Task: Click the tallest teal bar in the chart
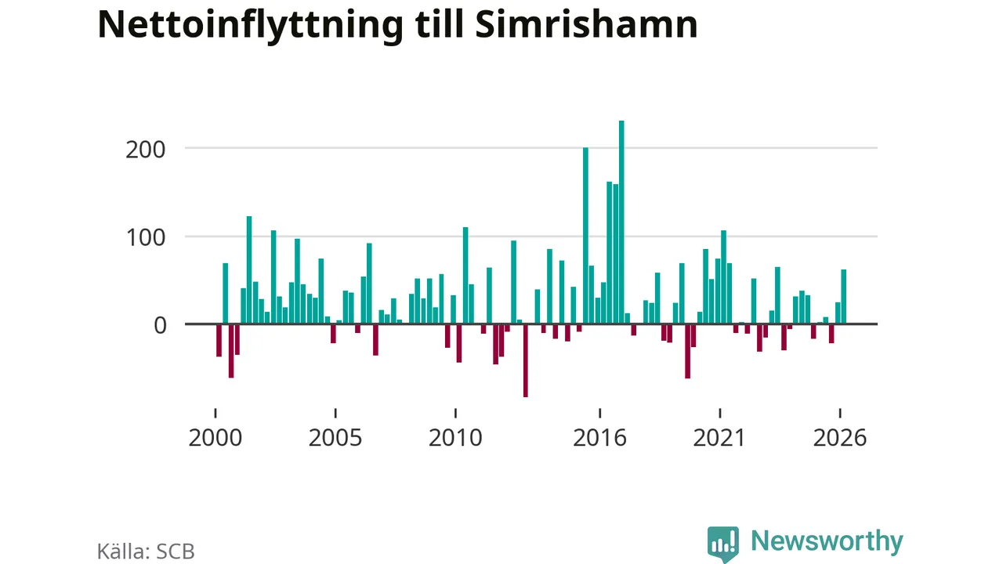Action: point(621,222)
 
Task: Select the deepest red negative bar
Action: point(526,360)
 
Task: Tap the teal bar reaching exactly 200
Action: point(585,236)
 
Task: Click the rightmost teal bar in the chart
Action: point(844,296)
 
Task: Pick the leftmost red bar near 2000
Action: point(219,340)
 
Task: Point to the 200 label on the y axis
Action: point(146,150)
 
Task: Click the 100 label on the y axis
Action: point(146,237)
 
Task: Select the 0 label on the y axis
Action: point(160,325)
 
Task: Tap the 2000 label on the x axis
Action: point(215,437)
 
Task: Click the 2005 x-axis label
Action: point(335,437)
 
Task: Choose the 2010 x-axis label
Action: point(455,437)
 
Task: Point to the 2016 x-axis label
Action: point(600,437)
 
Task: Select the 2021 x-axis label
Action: point(719,437)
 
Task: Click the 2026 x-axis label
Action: point(840,437)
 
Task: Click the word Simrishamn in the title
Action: point(587,24)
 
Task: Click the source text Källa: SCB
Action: point(146,551)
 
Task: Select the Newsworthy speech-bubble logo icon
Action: point(723,544)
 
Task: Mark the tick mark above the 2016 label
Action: point(600,413)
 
